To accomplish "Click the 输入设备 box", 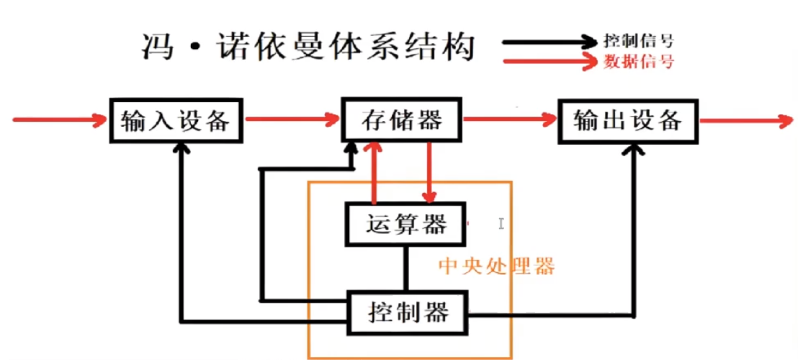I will click(x=176, y=120).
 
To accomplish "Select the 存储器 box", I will click(x=401, y=120).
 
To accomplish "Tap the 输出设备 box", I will click(x=628, y=120).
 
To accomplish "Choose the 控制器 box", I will click(x=408, y=312).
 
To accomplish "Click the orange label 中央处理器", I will click(x=497, y=267).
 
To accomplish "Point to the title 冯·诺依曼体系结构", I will click(x=308, y=48).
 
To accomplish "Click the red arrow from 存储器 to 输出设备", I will click(x=509, y=120).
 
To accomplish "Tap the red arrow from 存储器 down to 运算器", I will click(x=430, y=173).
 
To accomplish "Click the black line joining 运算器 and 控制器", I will click(x=407, y=267).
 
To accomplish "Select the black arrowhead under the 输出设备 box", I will click(x=635, y=149).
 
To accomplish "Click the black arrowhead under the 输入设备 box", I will click(x=183, y=149).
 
